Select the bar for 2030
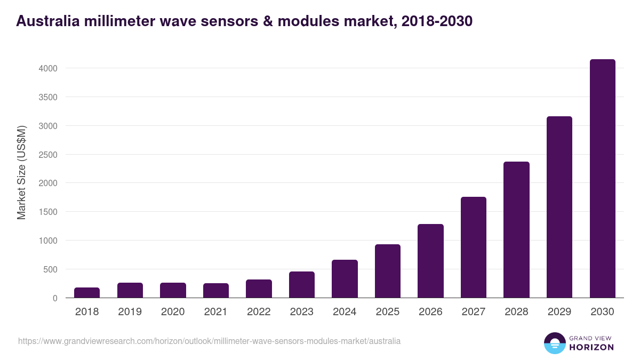[x=602, y=179]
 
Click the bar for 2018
[x=87, y=293]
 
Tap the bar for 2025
[x=388, y=271]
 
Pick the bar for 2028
[x=516, y=230]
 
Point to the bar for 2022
[x=259, y=289]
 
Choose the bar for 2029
[x=559, y=207]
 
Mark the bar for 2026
[x=430, y=261]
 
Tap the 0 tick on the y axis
[x=54, y=298]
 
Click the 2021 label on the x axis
[x=215, y=312]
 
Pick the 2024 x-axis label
[x=345, y=312]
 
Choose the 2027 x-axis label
[x=474, y=312]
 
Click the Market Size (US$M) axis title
[x=21, y=172]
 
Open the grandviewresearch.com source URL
[x=209, y=341]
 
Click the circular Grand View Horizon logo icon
[x=554, y=343]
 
